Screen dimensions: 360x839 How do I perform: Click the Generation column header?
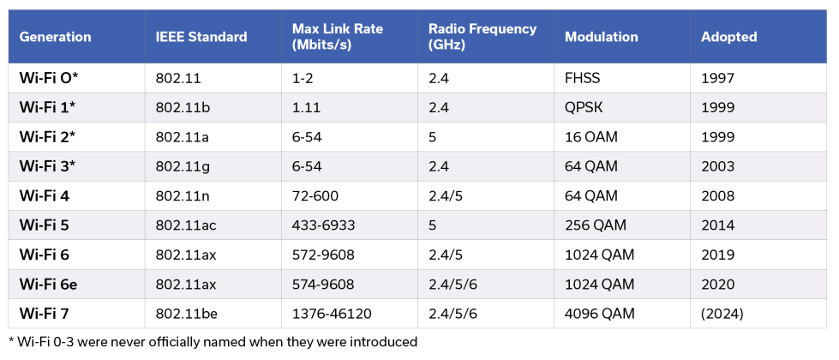[55, 37]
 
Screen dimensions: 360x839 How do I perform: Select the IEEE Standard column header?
[201, 37]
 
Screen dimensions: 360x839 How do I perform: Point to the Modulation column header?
[602, 37]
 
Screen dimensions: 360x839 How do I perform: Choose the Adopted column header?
[728, 37]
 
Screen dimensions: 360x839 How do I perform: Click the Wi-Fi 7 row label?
[44, 314]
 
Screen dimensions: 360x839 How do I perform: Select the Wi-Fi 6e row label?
[48, 285]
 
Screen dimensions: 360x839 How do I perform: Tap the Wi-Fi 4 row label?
[44, 195]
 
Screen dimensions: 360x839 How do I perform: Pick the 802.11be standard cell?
[187, 314]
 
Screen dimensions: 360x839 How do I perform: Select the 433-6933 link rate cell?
[323, 225]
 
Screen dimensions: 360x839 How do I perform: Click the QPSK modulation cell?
[583, 107]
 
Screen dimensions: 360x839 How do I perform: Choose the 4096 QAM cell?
[600, 314]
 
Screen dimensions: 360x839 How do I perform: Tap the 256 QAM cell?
[596, 225]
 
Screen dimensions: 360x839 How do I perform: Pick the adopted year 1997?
[717, 78]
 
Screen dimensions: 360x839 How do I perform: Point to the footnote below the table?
[213, 342]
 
